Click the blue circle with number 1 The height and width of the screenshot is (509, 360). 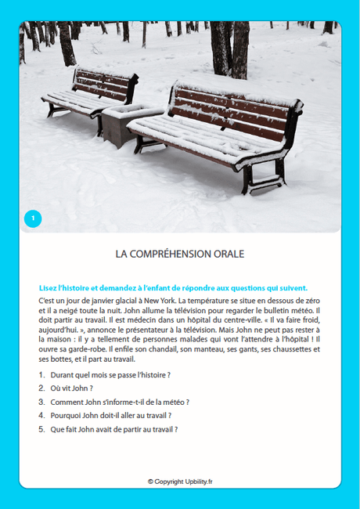coord(32,218)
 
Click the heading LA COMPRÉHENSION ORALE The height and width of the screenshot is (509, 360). coord(180,254)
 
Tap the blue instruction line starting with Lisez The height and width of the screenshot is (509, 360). coord(173,287)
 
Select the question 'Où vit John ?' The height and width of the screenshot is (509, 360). coord(71,388)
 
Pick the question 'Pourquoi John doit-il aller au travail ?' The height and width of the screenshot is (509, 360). coord(110,415)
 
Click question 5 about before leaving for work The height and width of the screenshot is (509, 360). coord(113,429)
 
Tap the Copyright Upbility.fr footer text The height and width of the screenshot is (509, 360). coord(180,482)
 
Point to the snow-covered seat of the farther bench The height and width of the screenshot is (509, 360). coord(78,100)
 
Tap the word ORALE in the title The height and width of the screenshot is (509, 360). coord(228,254)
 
